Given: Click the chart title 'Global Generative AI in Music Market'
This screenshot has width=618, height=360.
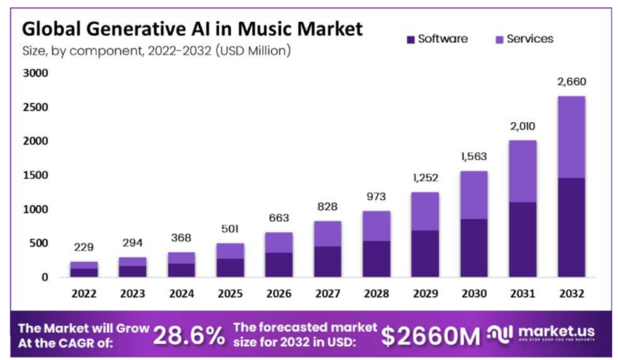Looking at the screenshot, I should pos(192,29).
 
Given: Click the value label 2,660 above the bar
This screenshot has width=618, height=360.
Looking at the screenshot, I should pos(571,81).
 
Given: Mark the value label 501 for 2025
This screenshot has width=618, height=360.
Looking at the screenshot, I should pos(230,230).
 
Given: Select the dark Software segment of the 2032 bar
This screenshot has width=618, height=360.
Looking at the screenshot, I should pos(571,227).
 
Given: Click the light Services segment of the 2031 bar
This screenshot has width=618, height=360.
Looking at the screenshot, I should pos(523,171).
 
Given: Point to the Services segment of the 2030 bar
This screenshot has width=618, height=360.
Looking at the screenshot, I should pos(474,195).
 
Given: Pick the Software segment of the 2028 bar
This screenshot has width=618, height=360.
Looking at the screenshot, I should pos(377,258).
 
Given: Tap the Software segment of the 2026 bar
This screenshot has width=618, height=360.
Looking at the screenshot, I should pos(279,264).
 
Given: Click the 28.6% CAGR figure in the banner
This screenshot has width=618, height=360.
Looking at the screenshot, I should pos(188,335).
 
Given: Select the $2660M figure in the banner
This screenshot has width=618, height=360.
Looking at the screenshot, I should pos(430,335).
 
